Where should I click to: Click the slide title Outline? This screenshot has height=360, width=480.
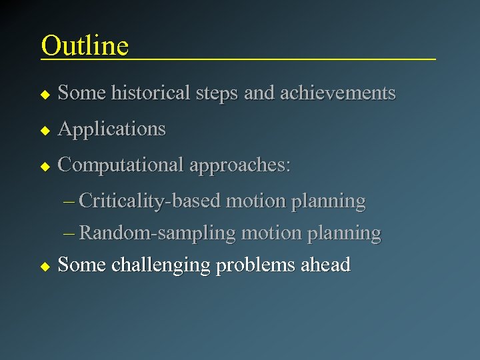(x=85, y=45)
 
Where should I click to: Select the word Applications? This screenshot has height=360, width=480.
(x=111, y=129)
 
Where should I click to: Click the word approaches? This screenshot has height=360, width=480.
(x=240, y=165)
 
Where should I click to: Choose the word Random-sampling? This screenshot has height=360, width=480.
(x=157, y=233)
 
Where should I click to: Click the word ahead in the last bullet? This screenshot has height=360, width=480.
(x=325, y=265)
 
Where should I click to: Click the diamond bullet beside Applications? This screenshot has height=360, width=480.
(x=45, y=129)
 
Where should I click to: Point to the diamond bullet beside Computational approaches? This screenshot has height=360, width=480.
(x=45, y=165)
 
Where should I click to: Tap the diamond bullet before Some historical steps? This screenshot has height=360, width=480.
(x=45, y=93)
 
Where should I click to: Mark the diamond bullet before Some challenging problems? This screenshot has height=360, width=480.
(x=45, y=265)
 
